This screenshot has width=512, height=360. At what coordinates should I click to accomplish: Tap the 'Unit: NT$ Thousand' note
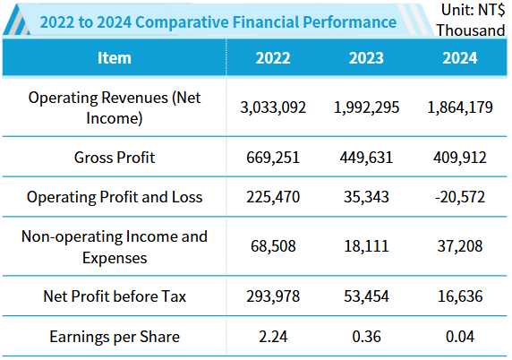pos(471,20)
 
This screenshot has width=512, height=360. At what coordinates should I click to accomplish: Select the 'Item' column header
pos(113,58)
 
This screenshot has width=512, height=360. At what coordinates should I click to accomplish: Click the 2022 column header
pos(273,58)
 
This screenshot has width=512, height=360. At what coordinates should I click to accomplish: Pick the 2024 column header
pos(459,58)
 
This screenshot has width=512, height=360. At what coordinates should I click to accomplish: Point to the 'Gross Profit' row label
pos(114,158)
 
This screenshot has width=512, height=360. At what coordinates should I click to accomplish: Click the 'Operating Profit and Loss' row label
pos(114,197)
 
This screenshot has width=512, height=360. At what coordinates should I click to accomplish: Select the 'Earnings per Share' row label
pos(114,337)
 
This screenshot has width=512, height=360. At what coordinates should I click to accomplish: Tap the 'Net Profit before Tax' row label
pos(114,296)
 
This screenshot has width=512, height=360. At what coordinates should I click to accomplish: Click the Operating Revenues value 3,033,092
pos(273,107)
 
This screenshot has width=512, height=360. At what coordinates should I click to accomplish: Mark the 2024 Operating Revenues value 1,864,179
pos(459,107)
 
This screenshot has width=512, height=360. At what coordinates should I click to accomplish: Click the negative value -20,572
pos(459,197)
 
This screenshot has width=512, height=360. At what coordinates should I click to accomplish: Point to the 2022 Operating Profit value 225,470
pos(273,197)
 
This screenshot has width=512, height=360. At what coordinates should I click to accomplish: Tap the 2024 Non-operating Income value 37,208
pos(459,246)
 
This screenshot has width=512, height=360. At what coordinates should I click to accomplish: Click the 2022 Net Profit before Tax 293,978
pos(273,296)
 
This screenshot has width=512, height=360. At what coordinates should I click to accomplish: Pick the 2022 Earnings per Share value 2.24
pos(273,337)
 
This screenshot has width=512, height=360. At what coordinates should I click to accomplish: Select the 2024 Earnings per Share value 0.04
pos(459,337)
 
